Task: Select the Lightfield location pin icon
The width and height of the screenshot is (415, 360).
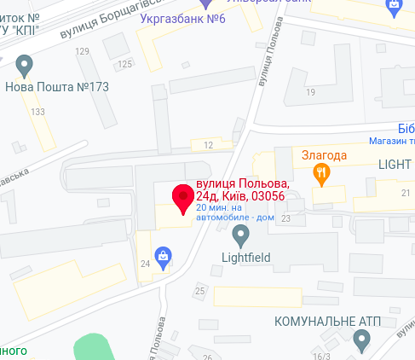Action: (x=241, y=233)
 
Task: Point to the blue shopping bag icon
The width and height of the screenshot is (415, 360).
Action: (x=161, y=254)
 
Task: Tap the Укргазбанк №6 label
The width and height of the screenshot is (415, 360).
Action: (x=176, y=19)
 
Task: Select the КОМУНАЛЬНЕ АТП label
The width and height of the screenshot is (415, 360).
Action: (x=326, y=322)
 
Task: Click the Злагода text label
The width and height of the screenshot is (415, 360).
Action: (x=325, y=155)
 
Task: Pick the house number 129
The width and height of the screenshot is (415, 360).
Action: (x=83, y=52)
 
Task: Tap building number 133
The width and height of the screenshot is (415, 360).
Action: (x=38, y=112)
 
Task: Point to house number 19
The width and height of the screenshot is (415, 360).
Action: (x=311, y=91)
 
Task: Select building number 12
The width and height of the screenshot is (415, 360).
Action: (x=208, y=146)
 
